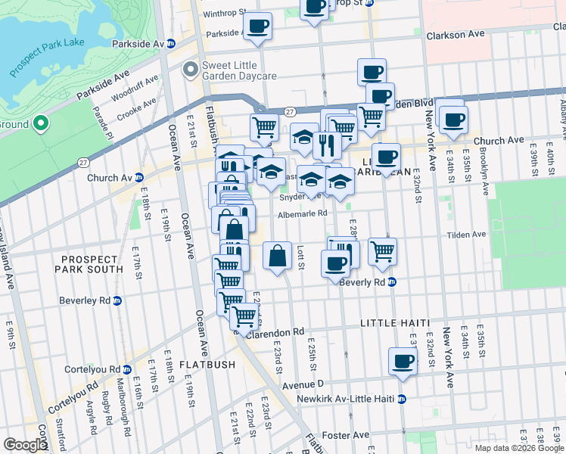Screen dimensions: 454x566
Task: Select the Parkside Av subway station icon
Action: (x=171, y=44)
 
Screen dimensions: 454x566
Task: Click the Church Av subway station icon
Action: (x=138, y=178)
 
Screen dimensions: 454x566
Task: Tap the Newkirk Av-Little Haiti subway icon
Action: (x=402, y=398)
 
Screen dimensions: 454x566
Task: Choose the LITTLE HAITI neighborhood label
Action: (x=394, y=322)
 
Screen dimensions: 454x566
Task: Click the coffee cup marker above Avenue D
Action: (x=403, y=361)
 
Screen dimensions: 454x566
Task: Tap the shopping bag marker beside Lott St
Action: (x=278, y=256)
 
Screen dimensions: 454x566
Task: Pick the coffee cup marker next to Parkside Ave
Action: (x=257, y=26)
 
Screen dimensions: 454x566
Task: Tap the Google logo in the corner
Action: (x=25, y=445)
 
